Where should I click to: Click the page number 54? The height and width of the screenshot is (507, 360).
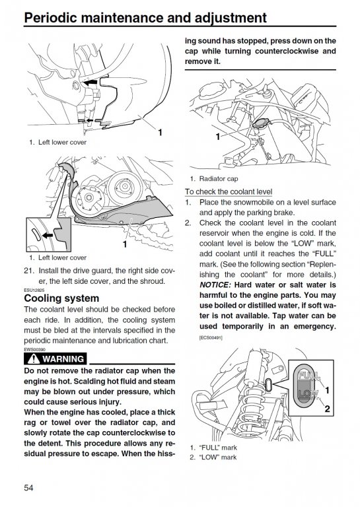point(28,488)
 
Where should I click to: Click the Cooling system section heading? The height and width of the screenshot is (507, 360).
point(61,298)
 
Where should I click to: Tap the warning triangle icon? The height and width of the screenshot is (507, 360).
point(33,358)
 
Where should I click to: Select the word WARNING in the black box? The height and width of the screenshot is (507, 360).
point(63,359)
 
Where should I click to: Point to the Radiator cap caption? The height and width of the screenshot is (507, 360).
point(219,178)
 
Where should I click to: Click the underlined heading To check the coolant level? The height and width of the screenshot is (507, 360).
point(229,191)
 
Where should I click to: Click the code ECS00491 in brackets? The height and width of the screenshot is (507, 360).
point(211,338)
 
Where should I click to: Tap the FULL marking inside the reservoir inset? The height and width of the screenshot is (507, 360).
point(308,376)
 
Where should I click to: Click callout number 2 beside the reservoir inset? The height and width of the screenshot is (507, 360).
point(327,409)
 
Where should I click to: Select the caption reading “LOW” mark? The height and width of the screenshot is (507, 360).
point(218,457)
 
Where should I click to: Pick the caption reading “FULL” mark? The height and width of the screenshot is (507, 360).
point(218,448)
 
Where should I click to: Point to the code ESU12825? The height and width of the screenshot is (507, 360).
point(34,290)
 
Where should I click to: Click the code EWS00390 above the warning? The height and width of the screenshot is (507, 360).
point(34,349)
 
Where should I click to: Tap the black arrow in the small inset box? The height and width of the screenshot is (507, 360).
point(47,235)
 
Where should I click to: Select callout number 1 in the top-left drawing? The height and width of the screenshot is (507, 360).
point(160,132)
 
